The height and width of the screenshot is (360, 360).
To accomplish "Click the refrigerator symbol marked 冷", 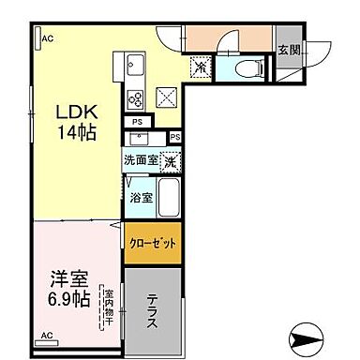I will [x=202, y=67].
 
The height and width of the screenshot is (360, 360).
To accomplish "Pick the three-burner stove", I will [x=133, y=98].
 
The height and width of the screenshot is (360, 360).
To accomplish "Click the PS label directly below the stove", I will [x=136, y=122].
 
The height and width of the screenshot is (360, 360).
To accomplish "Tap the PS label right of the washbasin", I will [x=175, y=138].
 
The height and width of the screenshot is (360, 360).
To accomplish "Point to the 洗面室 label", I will [x=141, y=160].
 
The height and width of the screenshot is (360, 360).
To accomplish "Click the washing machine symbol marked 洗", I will [x=172, y=161].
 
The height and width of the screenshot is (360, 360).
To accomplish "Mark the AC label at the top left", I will [x=46, y=38].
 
